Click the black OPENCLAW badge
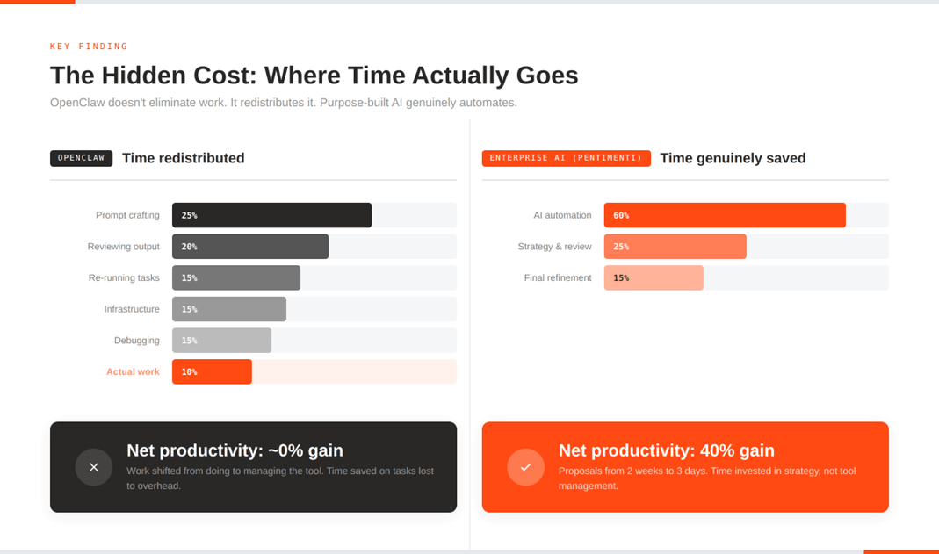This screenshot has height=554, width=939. pyautogui.click(x=82, y=158)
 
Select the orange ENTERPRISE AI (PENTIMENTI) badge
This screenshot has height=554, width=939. pyautogui.click(x=566, y=158)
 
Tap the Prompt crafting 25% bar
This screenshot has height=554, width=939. pyautogui.click(x=271, y=215)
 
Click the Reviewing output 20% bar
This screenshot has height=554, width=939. pyautogui.click(x=250, y=247)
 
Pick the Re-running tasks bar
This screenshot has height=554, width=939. pyautogui.click(x=236, y=277)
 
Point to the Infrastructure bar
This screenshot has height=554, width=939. pyautogui.click(x=229, y=309)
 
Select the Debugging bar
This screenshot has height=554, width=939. pyautogui.click(x=221, y=341)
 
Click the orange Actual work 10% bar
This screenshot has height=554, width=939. pyautogui.click(x=212, y=372)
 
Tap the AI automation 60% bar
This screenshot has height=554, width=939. pyautogui.click(x=725, y=215)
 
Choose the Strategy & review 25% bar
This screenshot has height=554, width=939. pyautogui.click(x=675, y=247)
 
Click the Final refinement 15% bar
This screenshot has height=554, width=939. pyautogui.click(x=654, y=277)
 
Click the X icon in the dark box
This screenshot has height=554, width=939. pyautogui.click(x=94, y=467)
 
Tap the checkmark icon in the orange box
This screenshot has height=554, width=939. pyautogui.click(x=525, y=467)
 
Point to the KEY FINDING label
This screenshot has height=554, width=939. pyautogui.click(x=89, y=47)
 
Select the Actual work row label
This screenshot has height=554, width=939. pyautogui.click(x=133, y=372)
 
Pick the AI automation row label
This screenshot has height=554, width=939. pyautogui.click(x=562, y=215)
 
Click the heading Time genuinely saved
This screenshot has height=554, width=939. pyautogui.click(x=733, y=158)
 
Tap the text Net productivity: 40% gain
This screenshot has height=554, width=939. pyautogui.click(x=666, y=450)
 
